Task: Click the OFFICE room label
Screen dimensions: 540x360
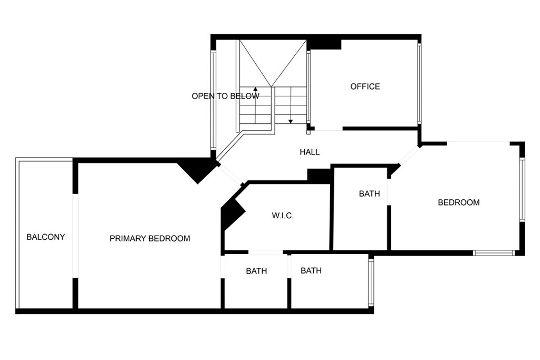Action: (x=365, y=86)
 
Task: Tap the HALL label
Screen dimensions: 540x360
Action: (x=310, y=152)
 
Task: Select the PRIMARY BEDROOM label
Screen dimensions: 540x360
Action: (x=150, y=239)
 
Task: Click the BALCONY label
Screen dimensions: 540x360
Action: (x=46, y=237)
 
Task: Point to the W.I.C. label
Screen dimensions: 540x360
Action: (x=283, y=216)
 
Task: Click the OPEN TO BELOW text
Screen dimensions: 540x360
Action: (x=226, y=96)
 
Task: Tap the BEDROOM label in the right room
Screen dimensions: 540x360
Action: (x=459, y=202)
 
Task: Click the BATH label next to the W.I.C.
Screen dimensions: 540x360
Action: (x=370, y=194)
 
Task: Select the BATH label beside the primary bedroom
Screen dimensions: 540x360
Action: (x=257, y=271)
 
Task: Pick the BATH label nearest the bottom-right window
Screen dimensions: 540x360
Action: (x=311, y=270)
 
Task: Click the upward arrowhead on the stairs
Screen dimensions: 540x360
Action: (x=255, y=89)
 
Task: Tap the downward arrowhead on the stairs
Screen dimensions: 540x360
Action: (x=291, y=121)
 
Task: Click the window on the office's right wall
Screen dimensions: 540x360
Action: (x=419, y=83)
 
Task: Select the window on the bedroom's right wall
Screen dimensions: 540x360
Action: (x=522, y=189)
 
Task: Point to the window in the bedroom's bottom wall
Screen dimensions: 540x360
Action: (x=494, y=253)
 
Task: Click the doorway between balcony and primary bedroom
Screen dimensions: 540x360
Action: (x=75, y=236)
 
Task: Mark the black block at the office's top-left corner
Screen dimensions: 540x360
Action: (x=324, y=44)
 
